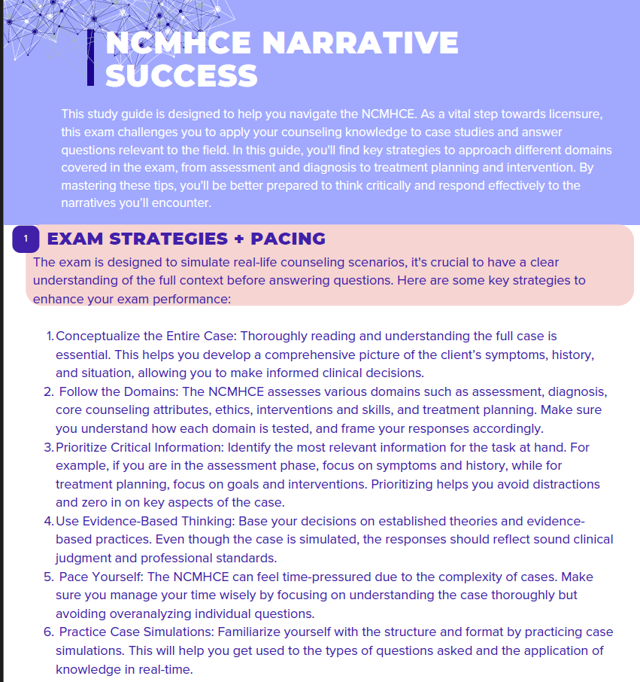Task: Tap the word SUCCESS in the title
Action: (x=181, y=75)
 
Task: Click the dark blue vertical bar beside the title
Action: (x=91, y=58)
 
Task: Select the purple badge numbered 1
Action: (x=26, y=239)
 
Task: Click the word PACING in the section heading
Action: (x=288, y=239)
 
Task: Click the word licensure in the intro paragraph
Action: (x=571, y=114)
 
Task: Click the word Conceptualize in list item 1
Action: (x=95, y=336)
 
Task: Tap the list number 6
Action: (x=48, y=632)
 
